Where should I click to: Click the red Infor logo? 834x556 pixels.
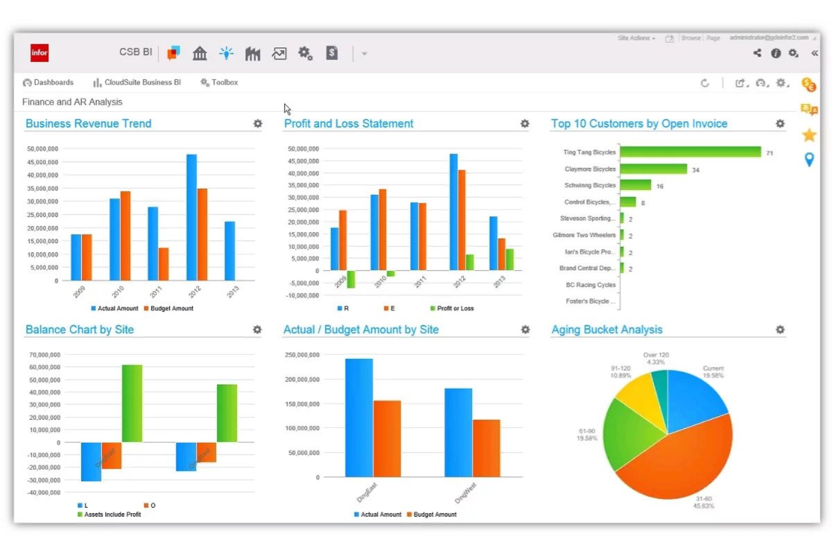click(x=39, y=53)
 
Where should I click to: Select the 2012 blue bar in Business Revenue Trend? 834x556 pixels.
click(x=192, y=217)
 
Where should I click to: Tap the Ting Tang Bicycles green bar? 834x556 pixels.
click(x=690, y=152)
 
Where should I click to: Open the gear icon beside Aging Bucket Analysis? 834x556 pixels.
click(x=780, y=330)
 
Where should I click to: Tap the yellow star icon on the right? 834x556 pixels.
click(x=809, y=135)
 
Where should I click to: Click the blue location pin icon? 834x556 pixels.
click(x=809, y=160)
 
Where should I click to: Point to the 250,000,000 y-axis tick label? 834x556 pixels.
click(x=302, y=355)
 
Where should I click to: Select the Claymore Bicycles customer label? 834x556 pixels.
click(x=589, y=169)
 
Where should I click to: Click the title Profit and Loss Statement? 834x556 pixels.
click(x=348, y=123)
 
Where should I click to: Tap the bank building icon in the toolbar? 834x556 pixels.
click(x=199, y=54)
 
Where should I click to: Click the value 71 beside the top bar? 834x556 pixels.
click(x=769, y=153)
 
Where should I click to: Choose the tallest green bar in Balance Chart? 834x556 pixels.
click(x=132, y=403)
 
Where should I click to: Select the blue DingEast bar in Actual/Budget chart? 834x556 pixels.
click(x=359, y=418)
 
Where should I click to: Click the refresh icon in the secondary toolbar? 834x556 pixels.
click(x=704, y=83)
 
